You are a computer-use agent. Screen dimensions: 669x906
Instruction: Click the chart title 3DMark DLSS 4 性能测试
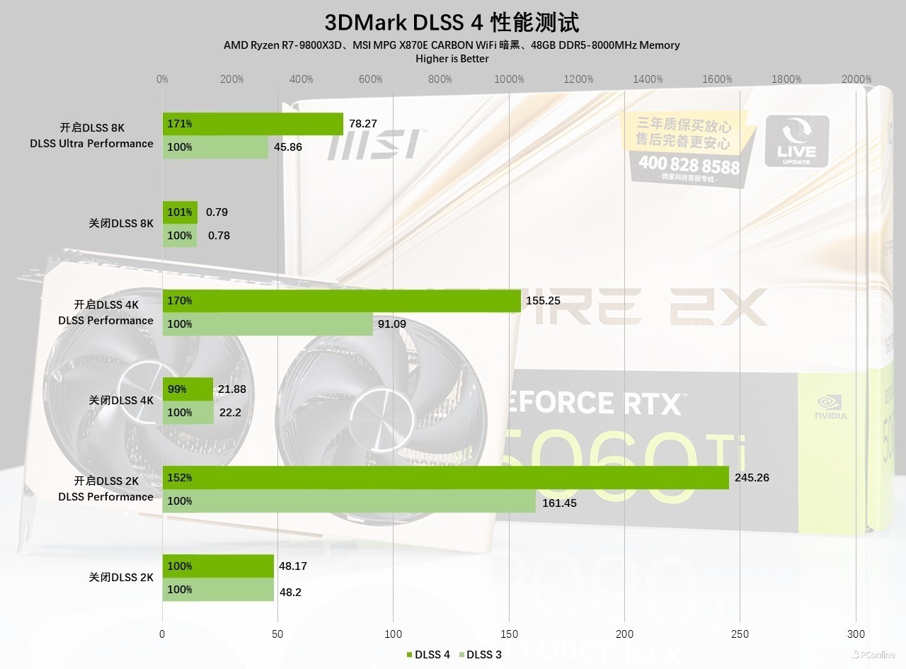pyautogui.click(x=452, y=22)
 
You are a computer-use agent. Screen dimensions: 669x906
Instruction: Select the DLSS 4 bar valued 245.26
pyautogui.click(x=446, y=478)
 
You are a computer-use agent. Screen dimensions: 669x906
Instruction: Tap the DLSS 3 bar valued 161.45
pyautogui.click(x=349, y=501)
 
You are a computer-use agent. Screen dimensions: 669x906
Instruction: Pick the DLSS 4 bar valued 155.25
pyautogui.click(x=342, y=301)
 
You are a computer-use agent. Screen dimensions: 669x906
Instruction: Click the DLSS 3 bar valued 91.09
pyautogui.click(x=268, y=324)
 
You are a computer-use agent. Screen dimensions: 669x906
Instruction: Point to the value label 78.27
pyautogui.click(x=363, y=124)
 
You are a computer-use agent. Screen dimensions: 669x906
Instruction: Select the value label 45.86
pyautogui.click(x=289, y=147)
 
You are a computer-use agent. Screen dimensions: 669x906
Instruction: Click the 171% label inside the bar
pyautogui.click(x=180, y=124)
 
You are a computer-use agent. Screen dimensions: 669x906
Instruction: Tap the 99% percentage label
pyautogui.click(x=177, y=389)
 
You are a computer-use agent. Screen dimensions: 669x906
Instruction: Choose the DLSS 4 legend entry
pyautogui.click(x=428, y=654)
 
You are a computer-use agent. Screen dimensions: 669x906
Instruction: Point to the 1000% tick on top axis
pyautogui.click(x=509, y=79)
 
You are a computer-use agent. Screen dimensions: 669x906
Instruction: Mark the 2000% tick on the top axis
pyautogui.click(x=856, y=79)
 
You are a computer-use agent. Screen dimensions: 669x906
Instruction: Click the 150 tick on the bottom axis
pyautogui.click(x=509, y=634)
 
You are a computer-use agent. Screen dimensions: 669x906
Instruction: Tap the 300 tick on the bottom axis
pyautogui.click(x=856, y=634)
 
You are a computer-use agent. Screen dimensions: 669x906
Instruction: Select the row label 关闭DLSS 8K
pyautogui.click(x=121, y=224)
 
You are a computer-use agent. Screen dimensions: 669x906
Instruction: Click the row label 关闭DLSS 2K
pyautogui.click(x=121, y=578)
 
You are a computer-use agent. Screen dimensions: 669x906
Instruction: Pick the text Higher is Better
pyautogui.click(x=452, y=59)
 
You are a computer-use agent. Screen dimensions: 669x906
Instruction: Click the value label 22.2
pyautogui.click(x=230, y=413)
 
